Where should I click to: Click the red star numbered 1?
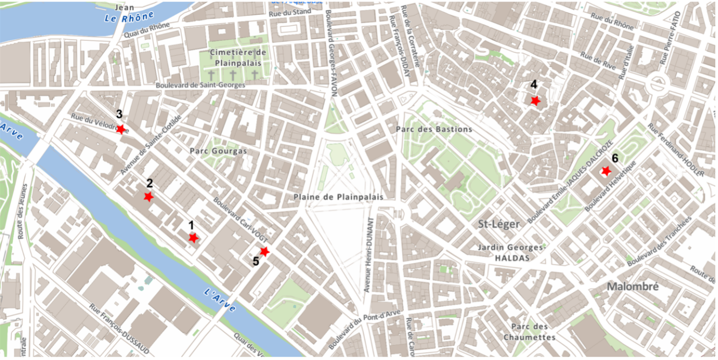[x=193, y=238]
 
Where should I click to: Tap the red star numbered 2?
[x=148, y=197]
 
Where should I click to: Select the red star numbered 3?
[x=121, y=129]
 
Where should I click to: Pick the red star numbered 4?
[x=535, y=101]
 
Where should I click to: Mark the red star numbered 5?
[x=264, y=251]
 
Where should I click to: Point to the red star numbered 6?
[x=606, y=171]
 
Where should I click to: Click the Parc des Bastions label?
[x=433, y=129]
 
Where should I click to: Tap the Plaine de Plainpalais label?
[x=338, y=197]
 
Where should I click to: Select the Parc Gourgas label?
[x=218, y=151]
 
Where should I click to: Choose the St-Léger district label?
[x=499, y=224]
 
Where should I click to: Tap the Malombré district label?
[x=632, y=287]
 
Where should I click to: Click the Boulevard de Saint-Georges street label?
[x=200, y=85]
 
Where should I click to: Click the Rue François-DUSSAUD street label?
[x=119, y=329]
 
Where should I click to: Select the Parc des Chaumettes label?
[x=529, y=332]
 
